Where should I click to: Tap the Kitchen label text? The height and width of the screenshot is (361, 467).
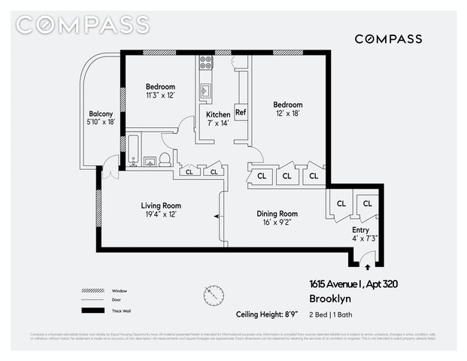pyautogui.click(x=218, y=114)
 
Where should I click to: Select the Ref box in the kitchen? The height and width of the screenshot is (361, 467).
pyautogui.click(x=241, y=113)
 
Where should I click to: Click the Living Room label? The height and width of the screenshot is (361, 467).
pyautogui.click(x=161, y=205)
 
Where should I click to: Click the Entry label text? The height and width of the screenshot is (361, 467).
pyautogui.click(x=361, y=230)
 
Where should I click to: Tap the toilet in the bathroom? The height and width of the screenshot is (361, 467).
pyautogui.click(x=165, y=159)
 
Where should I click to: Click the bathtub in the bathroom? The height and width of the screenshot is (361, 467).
pyautogui.click(x=134, y=150)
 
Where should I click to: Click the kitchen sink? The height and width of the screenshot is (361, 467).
pyautogui.click(x=205, y=93)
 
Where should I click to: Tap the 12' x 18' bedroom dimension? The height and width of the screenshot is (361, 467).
pyautogui.click(x=288, y=114)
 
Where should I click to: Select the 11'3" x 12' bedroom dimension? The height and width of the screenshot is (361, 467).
pyautogui.click(x=160, y=96)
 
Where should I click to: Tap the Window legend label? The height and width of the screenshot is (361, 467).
pyautogui.click(x=120, y=291)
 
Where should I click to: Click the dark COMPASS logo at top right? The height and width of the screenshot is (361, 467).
pyautogui.click(x=388, y=39)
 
